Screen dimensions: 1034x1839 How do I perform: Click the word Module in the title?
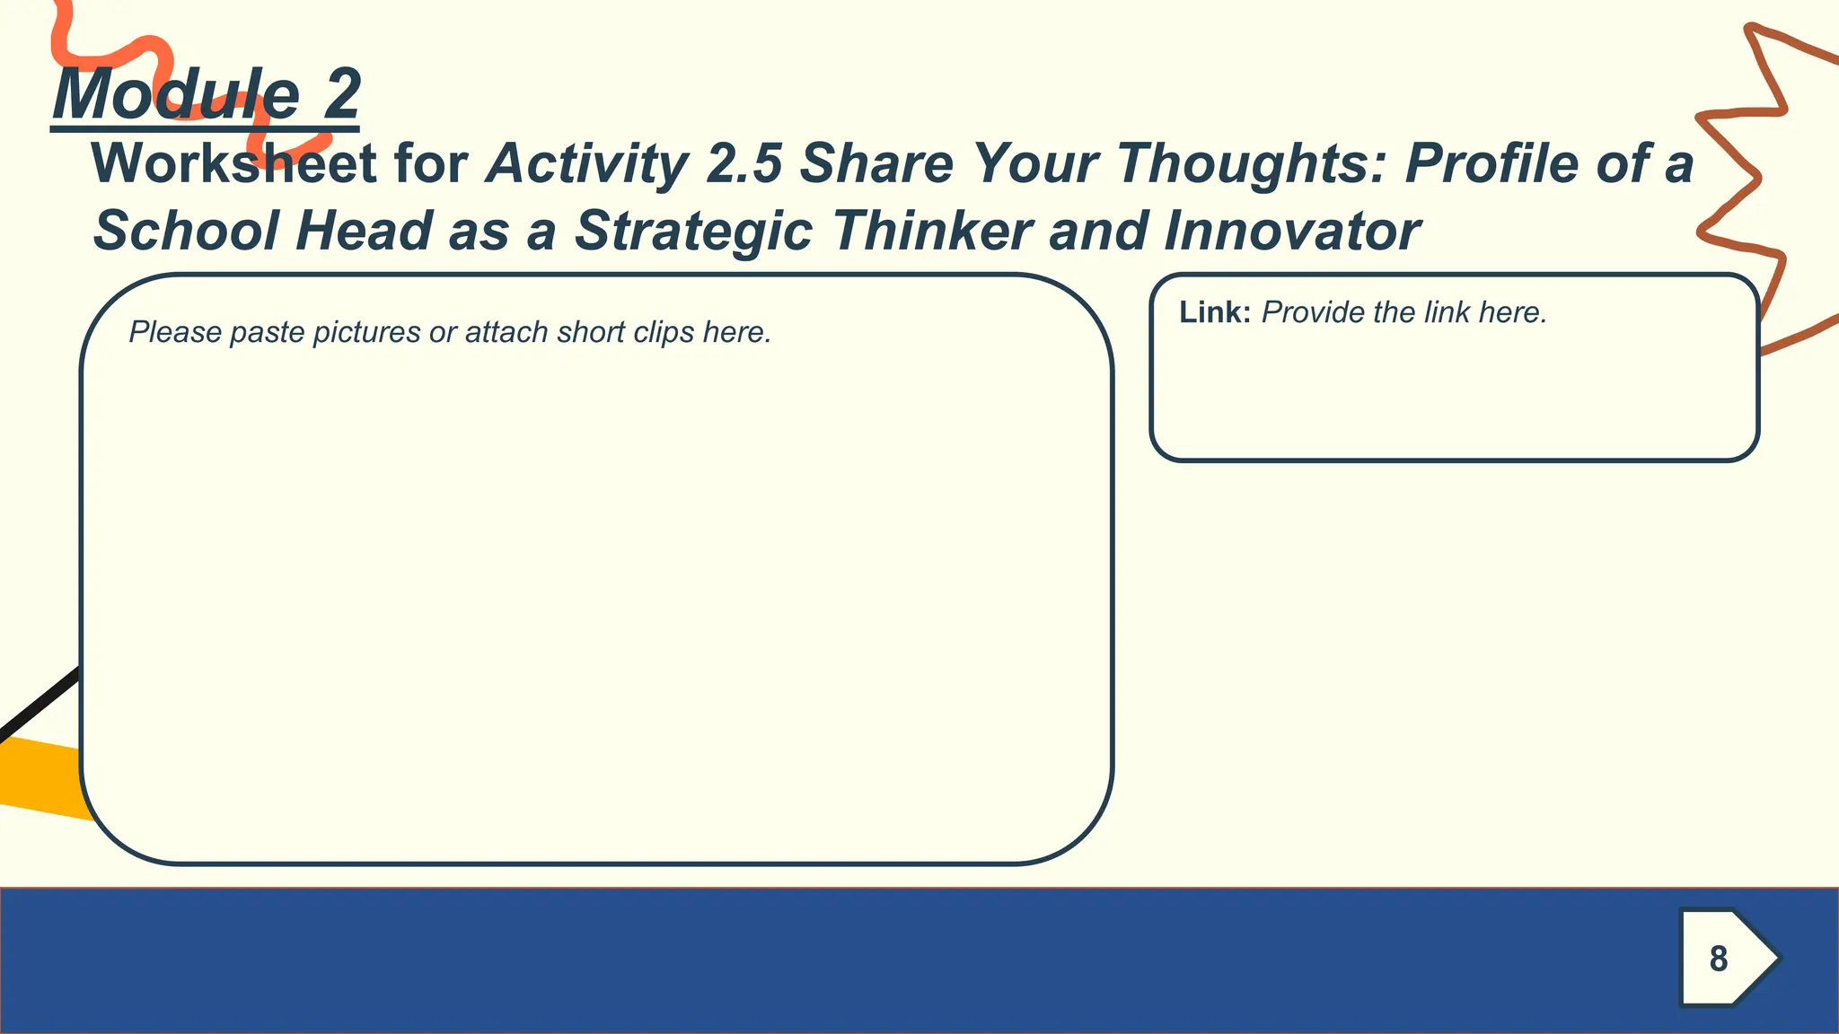click(x=176, y=94)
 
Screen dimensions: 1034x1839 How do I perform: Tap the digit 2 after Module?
click(x=342, y=94)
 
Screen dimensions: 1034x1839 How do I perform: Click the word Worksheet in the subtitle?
click(x=234, y=164)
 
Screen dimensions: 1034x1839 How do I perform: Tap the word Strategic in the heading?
click(x=694, y=231)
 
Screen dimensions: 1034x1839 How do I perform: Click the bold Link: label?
click(x=1214, y=312)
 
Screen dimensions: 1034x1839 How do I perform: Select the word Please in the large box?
click(x=174, y=333)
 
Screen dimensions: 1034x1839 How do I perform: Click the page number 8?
click(x=1719, y=959)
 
